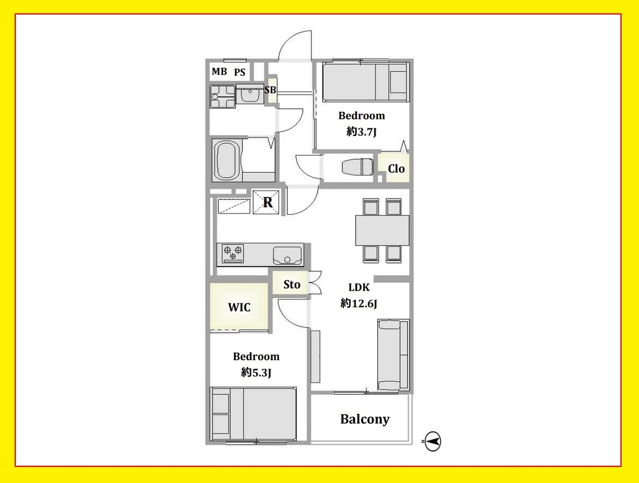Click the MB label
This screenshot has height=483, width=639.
click(219, 71)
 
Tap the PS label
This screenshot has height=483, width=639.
click(240, 72)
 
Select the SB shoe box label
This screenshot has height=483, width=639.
click(270, 90)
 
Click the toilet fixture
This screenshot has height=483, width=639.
click(358, 167)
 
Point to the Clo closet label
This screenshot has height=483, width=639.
click(396, 168)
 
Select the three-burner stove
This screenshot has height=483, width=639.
click(233, 253)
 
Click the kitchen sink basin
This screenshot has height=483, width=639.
click(287, 256)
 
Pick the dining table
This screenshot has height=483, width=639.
click(382, 230)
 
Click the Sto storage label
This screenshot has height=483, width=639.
click(292, 284)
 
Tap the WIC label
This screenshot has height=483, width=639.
click(239, 307)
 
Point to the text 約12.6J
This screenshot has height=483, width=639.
click(359, 303)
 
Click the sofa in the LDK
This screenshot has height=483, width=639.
click(393, 355)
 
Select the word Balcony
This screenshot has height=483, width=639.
click(365, 419)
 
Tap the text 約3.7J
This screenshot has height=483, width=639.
click(362, 132)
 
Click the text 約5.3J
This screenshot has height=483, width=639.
click(256, 372)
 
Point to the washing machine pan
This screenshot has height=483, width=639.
click(223, 96)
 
